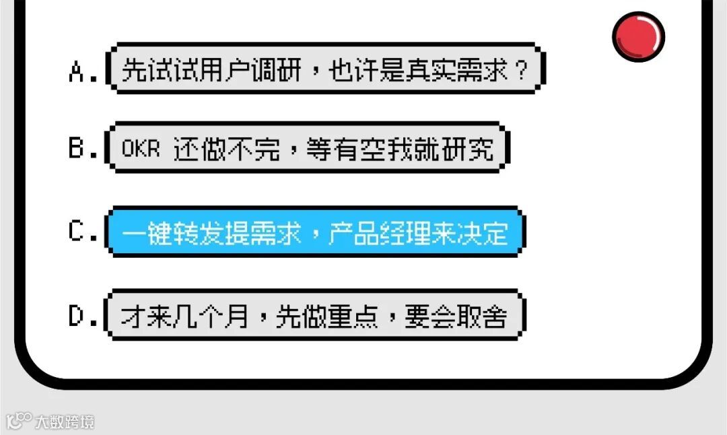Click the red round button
point(638,36)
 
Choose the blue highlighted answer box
point(314,232)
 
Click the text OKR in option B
point(141,149)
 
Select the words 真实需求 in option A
point(457,71)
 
